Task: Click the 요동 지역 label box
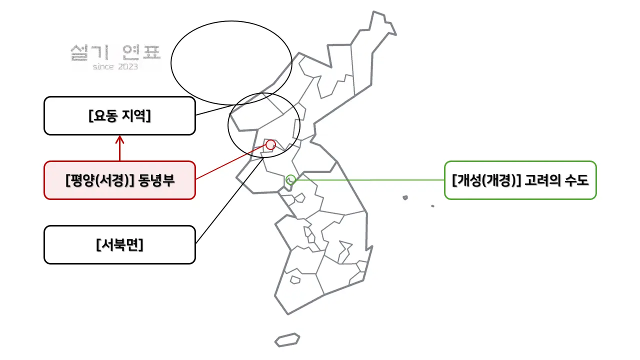pyautogui.click(x=119, y=115)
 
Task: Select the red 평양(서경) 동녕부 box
pyautogui.click(x=119, y=180)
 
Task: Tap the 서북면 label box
pyautogui.click(x=119, y=245)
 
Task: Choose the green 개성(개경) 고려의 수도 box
pyautogui.click(x=520, y=180)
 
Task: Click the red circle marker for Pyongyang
pyautogui.click(x=270, y=145)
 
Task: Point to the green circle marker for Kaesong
pyautogui.click(x=290, y=179)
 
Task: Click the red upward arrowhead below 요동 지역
pyautogui.click(x=119, y=139)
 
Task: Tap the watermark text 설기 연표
pyautogui.click(x=115, y=53)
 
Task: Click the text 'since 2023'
pyautogui.click(x=115, y=67)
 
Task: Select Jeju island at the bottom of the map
pyautogui.click(x=287, y=339)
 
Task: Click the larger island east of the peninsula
pyautogui.click(x=405, y=197)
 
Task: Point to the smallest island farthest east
pyautogui.click(x=432, y=206)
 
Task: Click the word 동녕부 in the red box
pyautogui.click(x=156, y=180)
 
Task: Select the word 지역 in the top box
pyautogui.click(x=136, y=115)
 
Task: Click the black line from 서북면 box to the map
pyautogui.click(x=229, y=200)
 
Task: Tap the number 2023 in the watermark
pyautogui.click(x=127, y=67)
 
